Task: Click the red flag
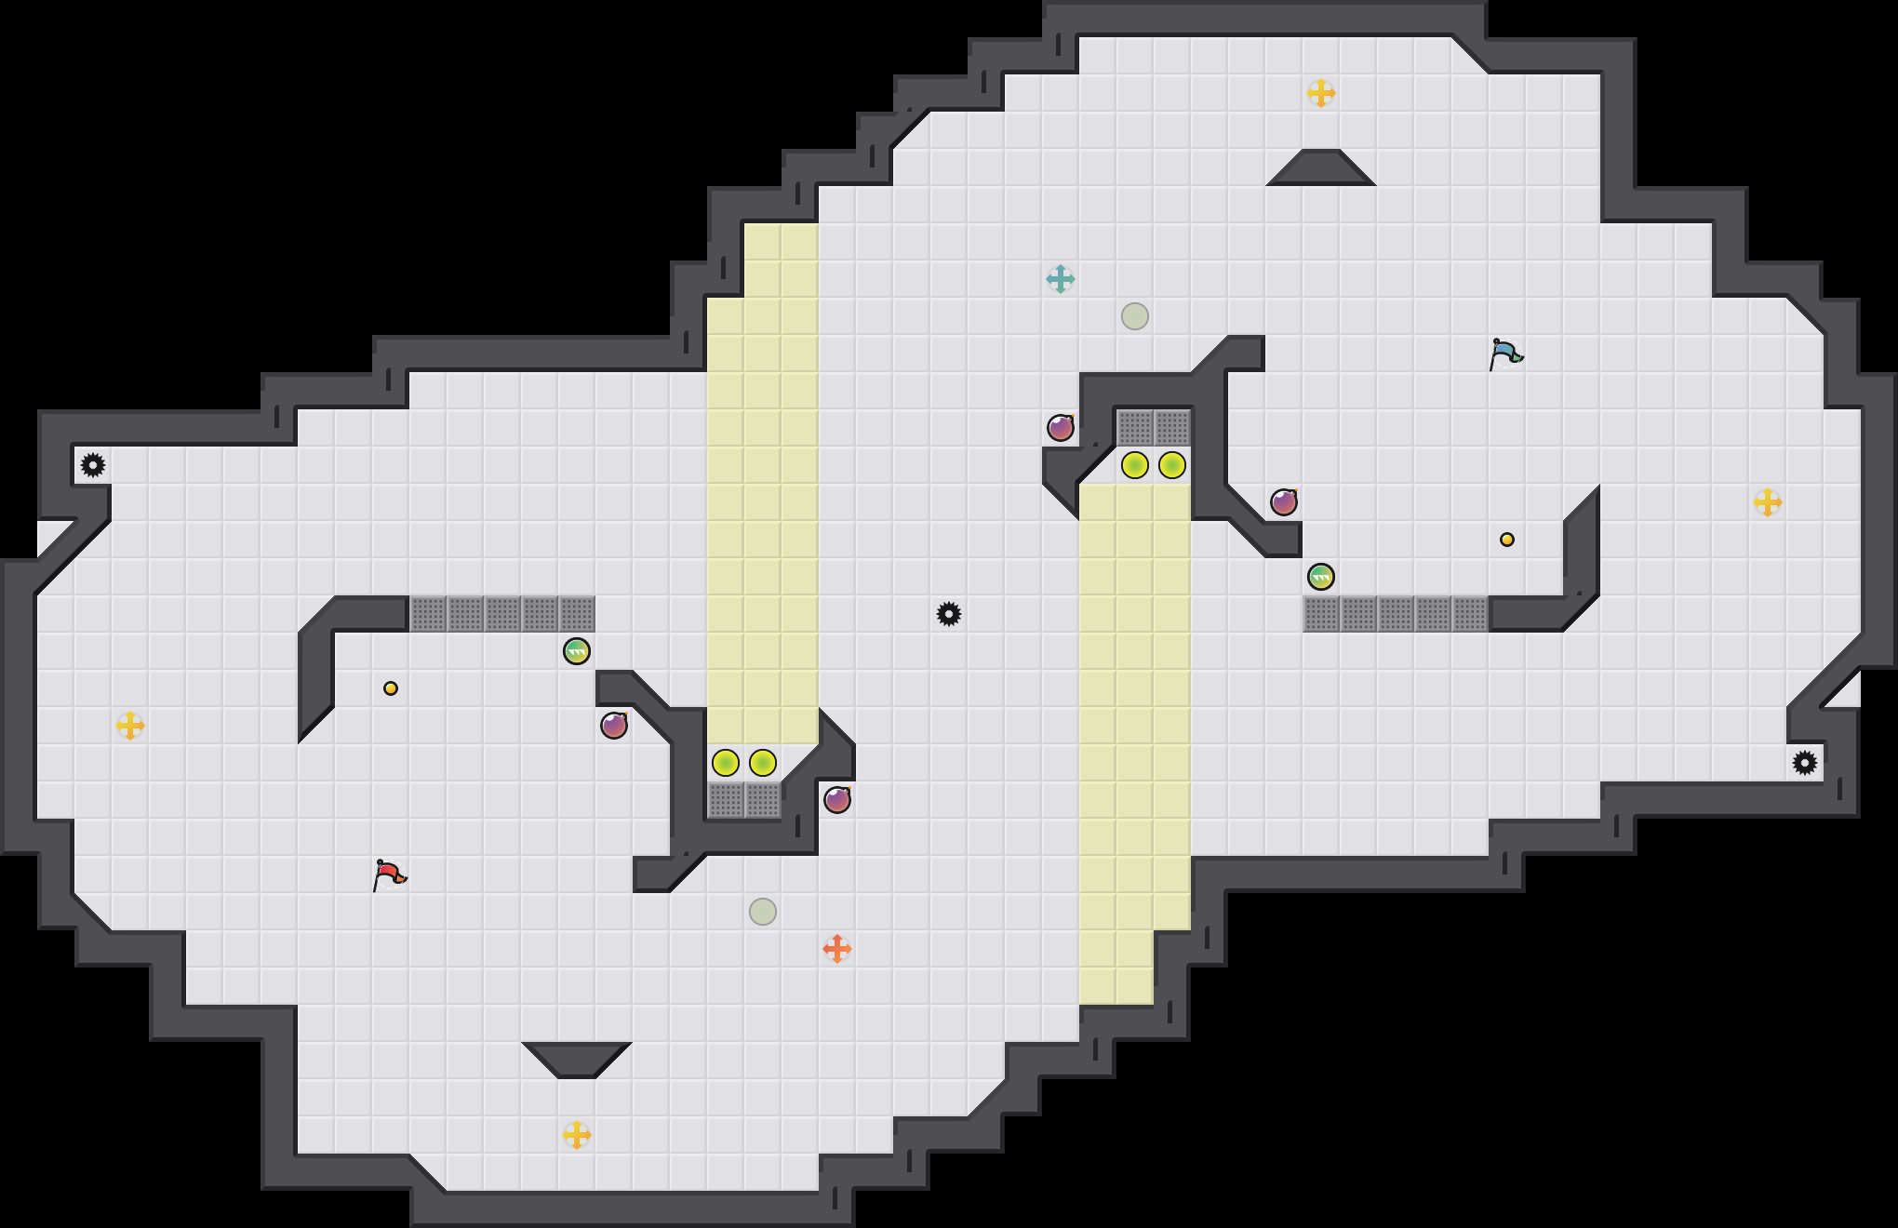coord(389,874)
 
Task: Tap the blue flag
coord(1505,354)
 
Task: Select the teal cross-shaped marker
coord(1060,279)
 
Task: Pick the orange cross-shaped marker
coord(836,949)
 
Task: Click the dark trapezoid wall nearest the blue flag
coord(1320,169)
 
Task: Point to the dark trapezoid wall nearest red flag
coord(576,1059)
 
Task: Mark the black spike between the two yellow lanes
coord(948,614)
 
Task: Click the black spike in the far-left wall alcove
coord(92,465)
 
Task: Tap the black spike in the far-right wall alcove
coord(1804,763)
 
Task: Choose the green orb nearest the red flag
coord(576,651)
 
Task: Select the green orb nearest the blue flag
coord(1320,577)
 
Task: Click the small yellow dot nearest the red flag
coord(390,688)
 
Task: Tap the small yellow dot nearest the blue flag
coord(1506,540)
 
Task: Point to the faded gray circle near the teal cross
coord(1134,316)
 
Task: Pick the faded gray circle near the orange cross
coord(762,912)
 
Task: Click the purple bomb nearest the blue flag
coord(1283,502)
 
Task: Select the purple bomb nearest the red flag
coord(613,726)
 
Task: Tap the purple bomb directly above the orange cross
coord(836,800)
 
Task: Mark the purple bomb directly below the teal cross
coord(1060,428)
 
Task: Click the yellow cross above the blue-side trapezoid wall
coord(1320,93)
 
